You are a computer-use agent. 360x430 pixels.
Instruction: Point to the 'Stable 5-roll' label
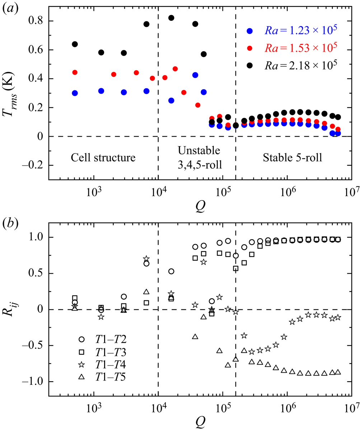click(x=293, y=157)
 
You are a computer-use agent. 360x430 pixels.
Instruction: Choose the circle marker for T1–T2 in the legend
click(x=81, y=339)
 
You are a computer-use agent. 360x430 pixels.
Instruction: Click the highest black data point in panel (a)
click(x=171, y=18)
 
